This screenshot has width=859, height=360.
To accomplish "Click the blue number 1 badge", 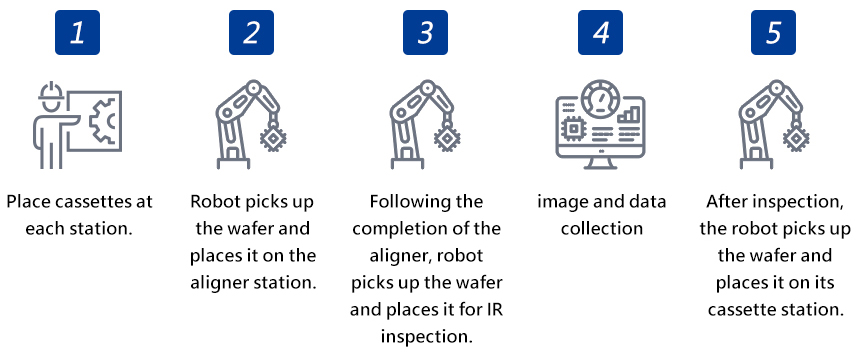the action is pos(77,32).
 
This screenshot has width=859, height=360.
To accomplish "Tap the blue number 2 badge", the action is pos(251,32).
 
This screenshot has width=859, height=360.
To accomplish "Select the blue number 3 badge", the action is pos(425,32).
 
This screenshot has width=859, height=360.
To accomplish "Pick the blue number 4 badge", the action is pos(600,32).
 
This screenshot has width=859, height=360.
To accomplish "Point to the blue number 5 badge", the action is pos(773,32).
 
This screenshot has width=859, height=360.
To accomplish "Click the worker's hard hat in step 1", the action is pos(51,91).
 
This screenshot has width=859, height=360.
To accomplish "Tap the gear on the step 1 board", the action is pos(102,121).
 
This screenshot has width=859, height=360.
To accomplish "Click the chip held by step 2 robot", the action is pos(273,138).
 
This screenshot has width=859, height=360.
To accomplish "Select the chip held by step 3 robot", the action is pos(446,138).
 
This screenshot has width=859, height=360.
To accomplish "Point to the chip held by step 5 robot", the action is pos(795,138).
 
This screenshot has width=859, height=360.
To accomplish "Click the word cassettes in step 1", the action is pos(83,202).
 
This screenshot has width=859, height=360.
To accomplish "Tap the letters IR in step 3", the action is pos(494,309).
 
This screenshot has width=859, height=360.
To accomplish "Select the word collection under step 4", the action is pos(602,228).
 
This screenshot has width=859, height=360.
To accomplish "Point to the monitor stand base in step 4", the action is pos(601,165).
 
